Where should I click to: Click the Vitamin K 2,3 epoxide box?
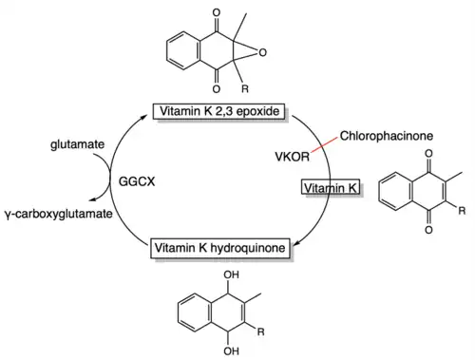pos(218,111)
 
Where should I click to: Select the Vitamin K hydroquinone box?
pos(220,248)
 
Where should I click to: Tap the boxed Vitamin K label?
pos(331,188)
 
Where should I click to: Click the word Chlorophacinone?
pos(387,136)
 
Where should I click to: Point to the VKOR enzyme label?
pos(292,157)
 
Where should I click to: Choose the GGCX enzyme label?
pos(137,181)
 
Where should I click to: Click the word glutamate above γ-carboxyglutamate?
pos(77,144)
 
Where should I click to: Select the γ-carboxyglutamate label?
pos(59,214)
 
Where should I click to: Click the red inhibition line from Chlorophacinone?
pos(324,145)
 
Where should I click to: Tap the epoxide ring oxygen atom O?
pos(262,52)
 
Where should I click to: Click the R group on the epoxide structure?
pos(245,88)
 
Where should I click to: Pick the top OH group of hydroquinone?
pos(231,275)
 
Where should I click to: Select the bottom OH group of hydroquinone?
pos(231,351)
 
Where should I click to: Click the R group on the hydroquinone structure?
pos(260,332)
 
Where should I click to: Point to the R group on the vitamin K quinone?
pos(462,210)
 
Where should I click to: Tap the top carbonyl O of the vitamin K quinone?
pos(428,154)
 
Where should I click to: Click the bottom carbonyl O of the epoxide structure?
pos(217,89)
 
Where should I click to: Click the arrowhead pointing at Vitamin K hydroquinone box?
pos(296,243)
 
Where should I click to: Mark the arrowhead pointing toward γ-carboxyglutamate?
pos(92,199)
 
